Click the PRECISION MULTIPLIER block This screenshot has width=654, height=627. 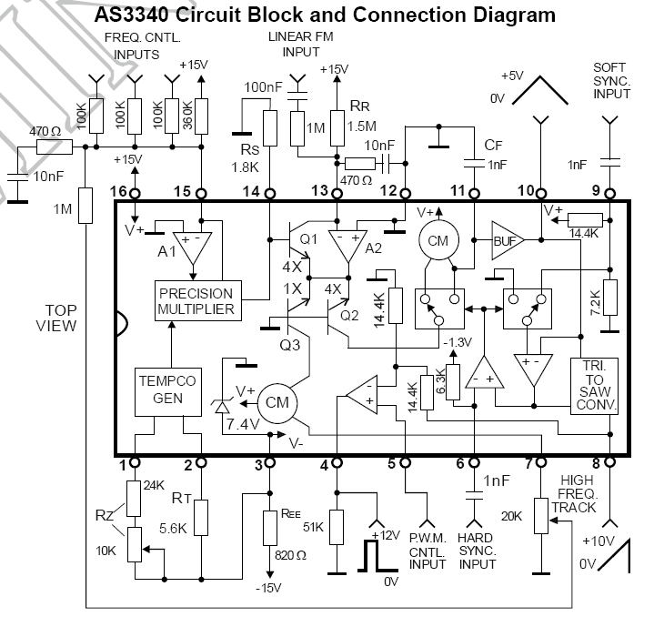click(197, 301)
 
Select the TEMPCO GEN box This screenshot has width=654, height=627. click(168, 391)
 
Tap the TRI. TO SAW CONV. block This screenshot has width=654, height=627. click(594, 386)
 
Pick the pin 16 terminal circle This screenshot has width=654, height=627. click(135, 194)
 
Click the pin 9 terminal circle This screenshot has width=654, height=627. click(609, 194)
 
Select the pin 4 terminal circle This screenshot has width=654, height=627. click(337, 462)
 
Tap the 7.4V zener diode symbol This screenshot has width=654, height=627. click(222, 406)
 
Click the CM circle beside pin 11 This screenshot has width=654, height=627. click(438, 240)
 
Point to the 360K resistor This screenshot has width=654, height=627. click(201, 116)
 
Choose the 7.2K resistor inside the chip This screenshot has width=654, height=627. click(610, 298)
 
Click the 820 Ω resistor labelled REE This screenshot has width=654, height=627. click(270, 528)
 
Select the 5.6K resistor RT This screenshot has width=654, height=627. click(201, 518)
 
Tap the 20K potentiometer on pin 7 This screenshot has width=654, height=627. click(541, 516)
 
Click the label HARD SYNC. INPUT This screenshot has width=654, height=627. click(478, 551)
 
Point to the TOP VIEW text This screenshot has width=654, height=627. click(56, 318)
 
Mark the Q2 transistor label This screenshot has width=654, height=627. click(349, 316)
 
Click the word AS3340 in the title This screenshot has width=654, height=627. click(131, 15)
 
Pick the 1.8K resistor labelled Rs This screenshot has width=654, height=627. click(270, 128)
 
